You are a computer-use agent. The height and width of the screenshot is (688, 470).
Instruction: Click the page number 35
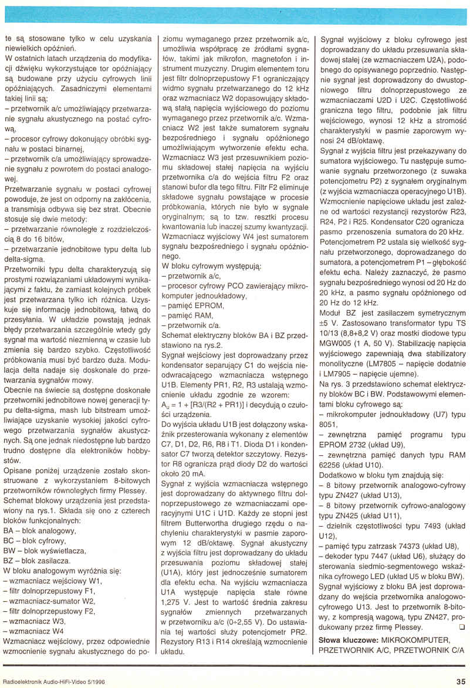(x=460, y=681)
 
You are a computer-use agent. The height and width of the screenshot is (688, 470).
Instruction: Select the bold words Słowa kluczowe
(x=346, y=640)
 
